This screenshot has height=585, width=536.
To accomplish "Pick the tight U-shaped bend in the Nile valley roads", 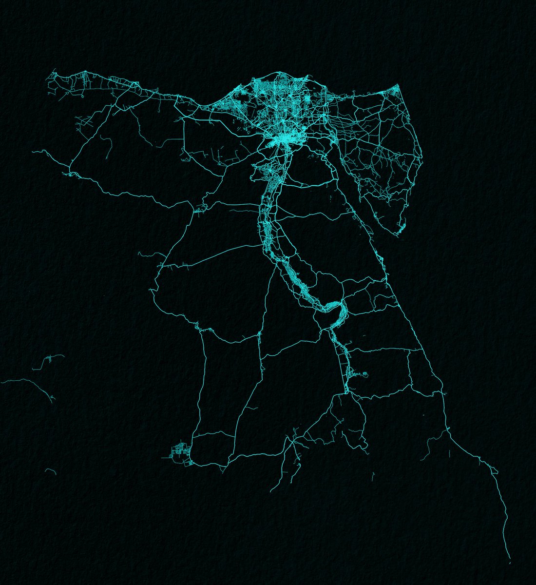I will coord(336,307).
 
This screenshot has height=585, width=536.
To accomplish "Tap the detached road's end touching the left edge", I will coord(2,382).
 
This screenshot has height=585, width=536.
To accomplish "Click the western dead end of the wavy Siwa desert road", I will coord(33,152).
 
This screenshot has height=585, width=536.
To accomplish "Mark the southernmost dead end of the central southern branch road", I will coord(271,491).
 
